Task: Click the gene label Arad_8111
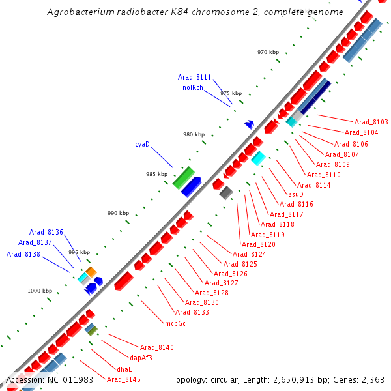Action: [194, 77]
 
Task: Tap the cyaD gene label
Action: [142, 144]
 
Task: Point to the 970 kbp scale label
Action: [268, 52]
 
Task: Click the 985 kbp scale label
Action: [156, 174]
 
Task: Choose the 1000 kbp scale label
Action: [39, 291]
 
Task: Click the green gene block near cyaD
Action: [184, 177]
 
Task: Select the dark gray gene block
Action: [226, 192]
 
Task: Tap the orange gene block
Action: [91, 270]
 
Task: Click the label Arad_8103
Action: [371, 122]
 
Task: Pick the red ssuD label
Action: [296, 194]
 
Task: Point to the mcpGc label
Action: [175, 323]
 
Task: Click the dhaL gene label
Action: [124, 369]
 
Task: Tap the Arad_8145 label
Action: [124, 379]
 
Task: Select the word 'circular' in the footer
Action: [232, 379]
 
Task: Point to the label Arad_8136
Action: [46, 232]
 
